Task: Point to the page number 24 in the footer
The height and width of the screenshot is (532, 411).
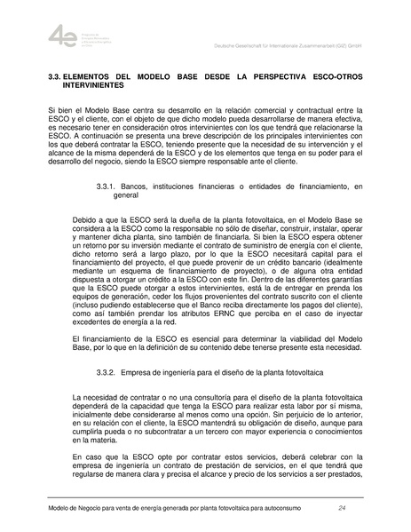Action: pyautogui.click(x=343, y=507)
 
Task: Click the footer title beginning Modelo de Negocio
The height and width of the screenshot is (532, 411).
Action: pyautogui.click(x=161, y=507)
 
